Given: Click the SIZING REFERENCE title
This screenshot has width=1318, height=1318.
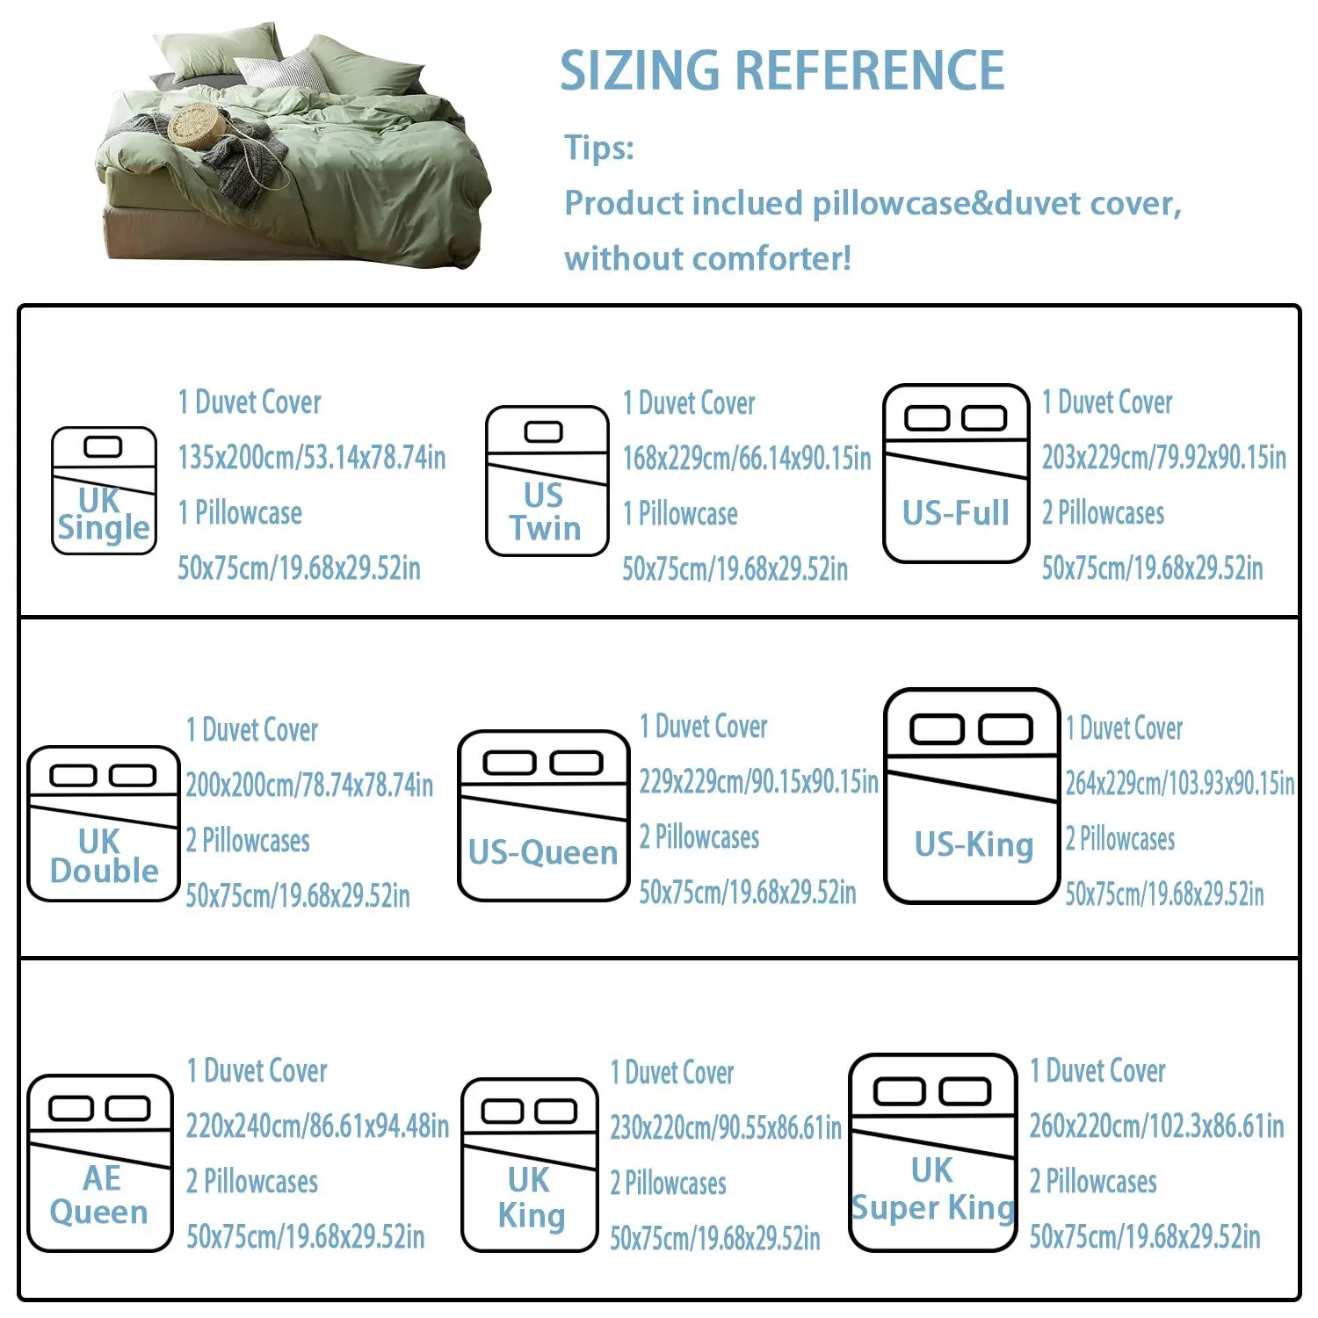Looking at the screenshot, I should [x=782, y=70].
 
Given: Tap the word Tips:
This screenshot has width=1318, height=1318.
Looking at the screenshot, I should [x=598, y=148].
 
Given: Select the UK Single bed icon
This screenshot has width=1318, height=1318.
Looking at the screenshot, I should [x=104, y=490].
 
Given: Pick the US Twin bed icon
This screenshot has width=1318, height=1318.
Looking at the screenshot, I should [x=547, y=481].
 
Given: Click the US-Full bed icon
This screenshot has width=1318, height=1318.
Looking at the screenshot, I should [x=955, y=473].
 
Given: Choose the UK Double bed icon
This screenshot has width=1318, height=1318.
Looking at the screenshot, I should [x=104, y=823].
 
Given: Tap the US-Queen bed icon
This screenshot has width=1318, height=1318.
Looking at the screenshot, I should [x=544, y=815].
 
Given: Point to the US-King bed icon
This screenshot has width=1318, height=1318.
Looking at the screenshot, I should [x=972, y=795].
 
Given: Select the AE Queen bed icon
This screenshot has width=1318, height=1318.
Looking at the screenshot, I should [x=100, y=1162].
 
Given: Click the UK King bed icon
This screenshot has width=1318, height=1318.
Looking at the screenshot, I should [x=530, y=1164].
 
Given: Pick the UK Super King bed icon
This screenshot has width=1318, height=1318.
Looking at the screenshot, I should [x=933, y=1152].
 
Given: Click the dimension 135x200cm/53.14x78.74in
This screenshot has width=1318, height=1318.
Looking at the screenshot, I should [x=312, y=458].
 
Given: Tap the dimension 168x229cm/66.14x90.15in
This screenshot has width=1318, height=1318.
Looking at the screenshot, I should [x=747, y=459].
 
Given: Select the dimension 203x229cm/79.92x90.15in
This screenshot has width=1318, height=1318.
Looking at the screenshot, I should [x=1164, y=458].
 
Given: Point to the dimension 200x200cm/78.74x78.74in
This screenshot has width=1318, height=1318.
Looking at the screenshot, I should [x=309, y=785].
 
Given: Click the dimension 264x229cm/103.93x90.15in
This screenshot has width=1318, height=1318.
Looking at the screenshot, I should [x=1180, y=783].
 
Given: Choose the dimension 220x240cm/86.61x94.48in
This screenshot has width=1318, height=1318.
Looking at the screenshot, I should [x=317, y=1126].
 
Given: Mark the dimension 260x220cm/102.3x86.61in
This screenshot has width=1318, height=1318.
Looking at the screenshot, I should [x=1156, y=1126].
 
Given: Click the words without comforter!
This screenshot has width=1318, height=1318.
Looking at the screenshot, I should [x=708, y=259].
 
